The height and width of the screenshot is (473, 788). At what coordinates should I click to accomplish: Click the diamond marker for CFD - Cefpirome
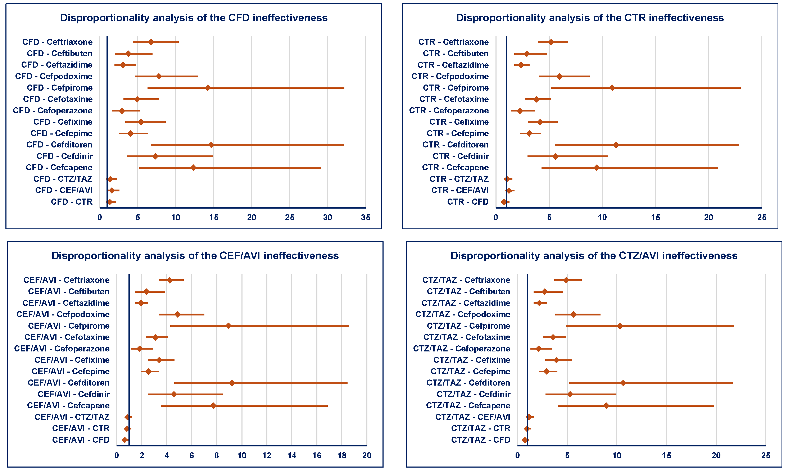pos(208,88)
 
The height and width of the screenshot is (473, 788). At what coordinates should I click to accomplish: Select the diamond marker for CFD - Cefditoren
pos(211,145)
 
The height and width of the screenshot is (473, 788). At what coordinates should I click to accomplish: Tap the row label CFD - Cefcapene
pos(59,167)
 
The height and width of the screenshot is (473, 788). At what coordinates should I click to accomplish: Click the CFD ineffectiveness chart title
pos(194,18)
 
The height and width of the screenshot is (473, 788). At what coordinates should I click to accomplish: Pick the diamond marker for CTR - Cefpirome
pos(612,88)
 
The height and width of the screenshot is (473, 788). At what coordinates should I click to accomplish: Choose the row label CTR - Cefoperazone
pos(449,111)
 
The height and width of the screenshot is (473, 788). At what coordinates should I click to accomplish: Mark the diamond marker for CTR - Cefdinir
pos(555,156)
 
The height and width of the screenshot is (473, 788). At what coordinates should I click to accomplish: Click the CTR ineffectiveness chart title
pos(590,18)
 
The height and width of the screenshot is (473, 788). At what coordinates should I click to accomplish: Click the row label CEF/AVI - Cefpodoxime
pos(63,314)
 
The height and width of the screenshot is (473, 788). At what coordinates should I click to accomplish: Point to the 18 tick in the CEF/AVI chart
pos(342,455)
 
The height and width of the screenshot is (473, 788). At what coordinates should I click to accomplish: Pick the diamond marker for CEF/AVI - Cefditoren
pos(232,383)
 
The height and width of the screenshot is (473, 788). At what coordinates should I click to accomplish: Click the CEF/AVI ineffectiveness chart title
pos(195,256)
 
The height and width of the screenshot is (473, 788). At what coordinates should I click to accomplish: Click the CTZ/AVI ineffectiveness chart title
pos(594,256)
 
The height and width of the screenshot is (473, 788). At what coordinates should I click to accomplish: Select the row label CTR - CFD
pos(468,202)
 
